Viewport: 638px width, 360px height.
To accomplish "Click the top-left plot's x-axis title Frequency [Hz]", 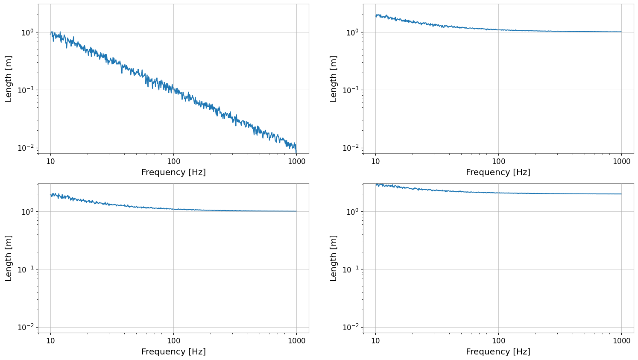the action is click(173, 172).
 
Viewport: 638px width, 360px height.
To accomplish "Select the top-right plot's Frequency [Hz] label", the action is click(498, 172).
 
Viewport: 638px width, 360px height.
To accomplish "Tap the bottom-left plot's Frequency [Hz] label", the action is click(173, 352).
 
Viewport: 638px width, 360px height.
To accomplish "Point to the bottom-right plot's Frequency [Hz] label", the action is click(498, 352).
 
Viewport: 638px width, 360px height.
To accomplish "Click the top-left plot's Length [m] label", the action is click(9, 79).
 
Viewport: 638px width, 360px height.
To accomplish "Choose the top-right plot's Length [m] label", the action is click(333, 79).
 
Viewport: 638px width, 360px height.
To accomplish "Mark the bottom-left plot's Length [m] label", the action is click(9, 258).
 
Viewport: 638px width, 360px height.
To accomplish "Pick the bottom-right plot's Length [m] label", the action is click(333, 258).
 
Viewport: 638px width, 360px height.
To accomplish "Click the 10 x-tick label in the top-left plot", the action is click(50, 161).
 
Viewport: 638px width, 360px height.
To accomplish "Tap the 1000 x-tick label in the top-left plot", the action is click(296, 161).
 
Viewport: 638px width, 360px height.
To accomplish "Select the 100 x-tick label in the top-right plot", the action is click(498, 161).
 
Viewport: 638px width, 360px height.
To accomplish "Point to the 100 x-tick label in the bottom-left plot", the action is click(173, 341).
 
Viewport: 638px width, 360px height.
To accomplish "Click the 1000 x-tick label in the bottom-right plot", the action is click(621, 341).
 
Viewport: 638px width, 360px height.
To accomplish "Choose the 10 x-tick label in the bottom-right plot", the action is click(375, 341).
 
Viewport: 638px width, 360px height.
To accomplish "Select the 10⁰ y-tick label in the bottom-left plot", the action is click(28, 212).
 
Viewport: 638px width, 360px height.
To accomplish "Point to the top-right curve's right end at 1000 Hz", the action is click(621, 32).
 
